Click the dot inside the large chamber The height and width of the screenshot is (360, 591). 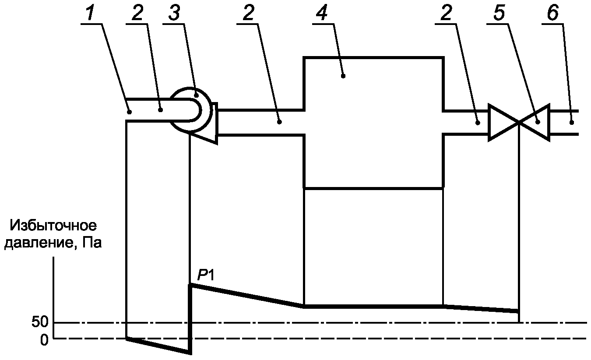click(344, 76)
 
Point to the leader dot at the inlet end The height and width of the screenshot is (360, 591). click(130, 112)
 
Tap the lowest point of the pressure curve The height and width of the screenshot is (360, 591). click(190, 352)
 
